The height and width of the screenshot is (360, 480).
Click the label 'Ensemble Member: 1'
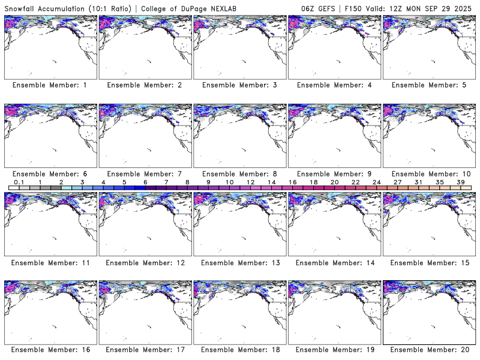click(x=49, y=85)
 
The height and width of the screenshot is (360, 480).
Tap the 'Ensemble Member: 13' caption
click(x=239, y=262)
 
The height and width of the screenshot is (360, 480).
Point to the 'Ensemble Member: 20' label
click(x=429, y=349)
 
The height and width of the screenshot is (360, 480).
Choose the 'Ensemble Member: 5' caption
click(x=429, y=85)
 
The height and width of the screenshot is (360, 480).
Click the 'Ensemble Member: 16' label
click(x=49, y=349)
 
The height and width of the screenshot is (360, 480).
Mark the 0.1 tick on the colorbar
click(x=19, y=182)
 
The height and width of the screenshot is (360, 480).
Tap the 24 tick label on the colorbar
click(x=377, y=182)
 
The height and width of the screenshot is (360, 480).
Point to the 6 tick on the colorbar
click(x=145, y=182)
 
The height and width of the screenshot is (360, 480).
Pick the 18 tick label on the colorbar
click(x=314, y=182)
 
